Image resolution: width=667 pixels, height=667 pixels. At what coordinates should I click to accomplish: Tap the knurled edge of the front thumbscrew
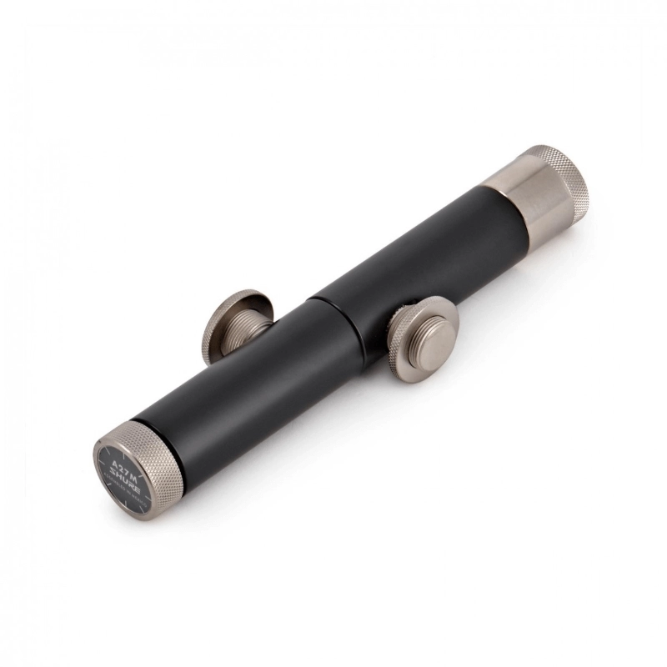[x=400, y=354]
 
